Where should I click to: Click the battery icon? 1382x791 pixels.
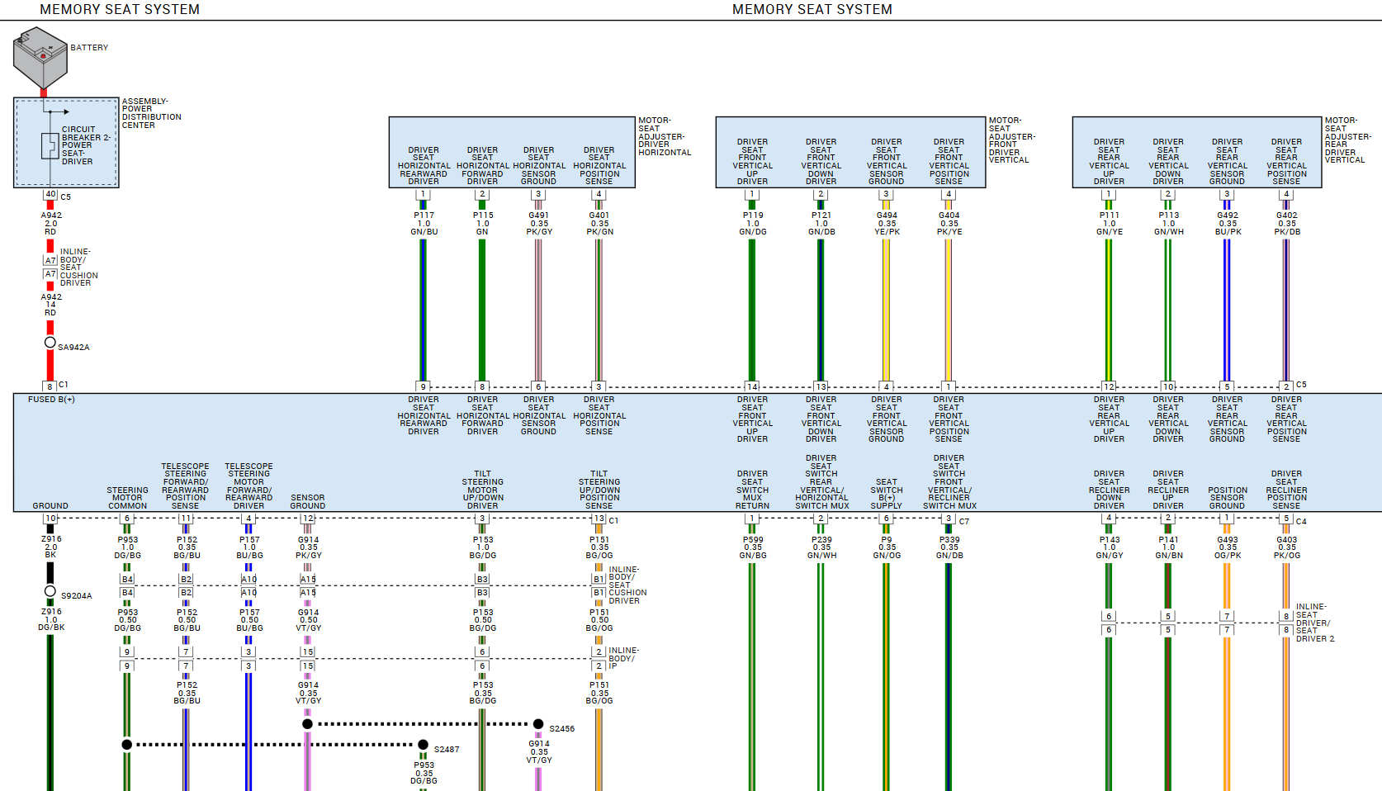tap(40, 56)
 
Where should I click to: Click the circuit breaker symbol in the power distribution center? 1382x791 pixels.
tap(50, 146)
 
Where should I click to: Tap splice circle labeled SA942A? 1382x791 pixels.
tap(50, 343)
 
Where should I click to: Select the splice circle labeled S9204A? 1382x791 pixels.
tap(50, 591)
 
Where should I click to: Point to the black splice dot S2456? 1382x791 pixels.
tap(538, 724)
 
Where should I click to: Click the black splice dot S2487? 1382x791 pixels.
tap(424, 745)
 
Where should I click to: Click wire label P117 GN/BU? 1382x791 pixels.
tap(424, 224)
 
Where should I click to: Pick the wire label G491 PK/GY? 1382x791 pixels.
tap(539, 224)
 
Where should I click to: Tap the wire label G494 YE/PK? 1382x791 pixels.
tap(887, 224)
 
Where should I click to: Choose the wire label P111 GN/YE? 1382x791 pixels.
tap(1109, 224)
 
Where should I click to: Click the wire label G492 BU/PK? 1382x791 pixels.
tap(1228, 224)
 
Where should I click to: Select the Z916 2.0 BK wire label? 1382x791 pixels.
tap(50, 547)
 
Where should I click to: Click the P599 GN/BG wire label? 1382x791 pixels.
tap(752, 547)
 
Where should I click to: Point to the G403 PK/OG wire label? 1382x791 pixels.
tap(1286, 547)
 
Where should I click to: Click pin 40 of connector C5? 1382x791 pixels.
tap(50, 195)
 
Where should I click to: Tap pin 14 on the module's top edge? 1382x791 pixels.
tap(752, 386)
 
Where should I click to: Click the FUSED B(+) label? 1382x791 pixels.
tap(51, 400)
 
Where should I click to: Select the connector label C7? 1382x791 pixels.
tap(964, 521)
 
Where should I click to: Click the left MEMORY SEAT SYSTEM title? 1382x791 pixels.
tap(120, 10)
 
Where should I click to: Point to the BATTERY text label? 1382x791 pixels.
tap(89, 48)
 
